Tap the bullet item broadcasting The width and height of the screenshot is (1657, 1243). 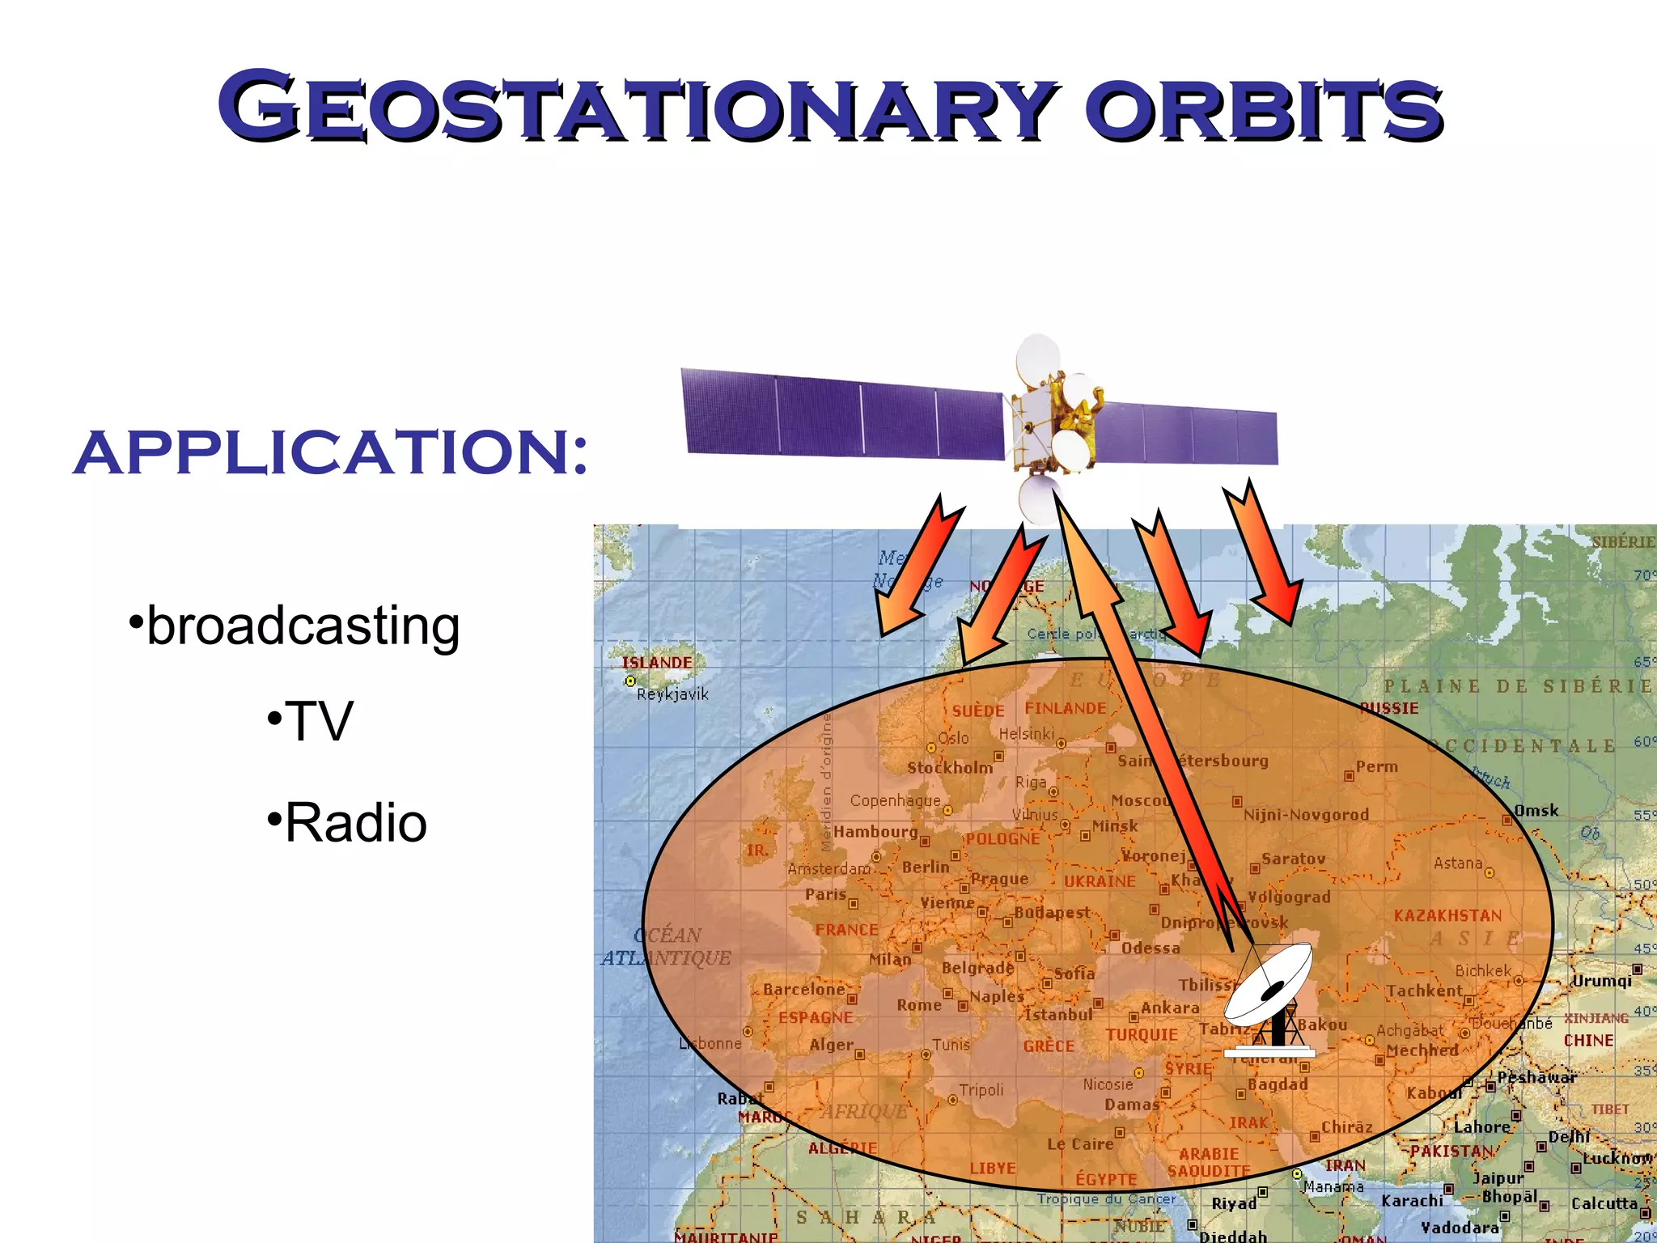tap(303, 626)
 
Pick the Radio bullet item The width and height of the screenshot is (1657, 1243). tap(355, 823)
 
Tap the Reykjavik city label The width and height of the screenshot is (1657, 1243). tap(672, 694)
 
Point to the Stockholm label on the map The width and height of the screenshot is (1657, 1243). tap(949, 768)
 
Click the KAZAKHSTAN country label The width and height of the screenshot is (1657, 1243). tap(1447, 915)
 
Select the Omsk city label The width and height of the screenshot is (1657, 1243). tap(1536, 811)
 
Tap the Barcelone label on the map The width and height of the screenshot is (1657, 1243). tap(803, 989)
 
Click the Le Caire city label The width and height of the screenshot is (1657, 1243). tap(1080, 1143)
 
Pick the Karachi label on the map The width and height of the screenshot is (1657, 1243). tap(1412, 1201)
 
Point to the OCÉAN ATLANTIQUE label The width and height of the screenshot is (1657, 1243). tap(666, 947)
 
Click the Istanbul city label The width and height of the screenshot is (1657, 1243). tap(1057, 1014)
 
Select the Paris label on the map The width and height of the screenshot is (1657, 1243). tap(825, 894)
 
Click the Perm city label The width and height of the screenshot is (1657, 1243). tap(1376, 766)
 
